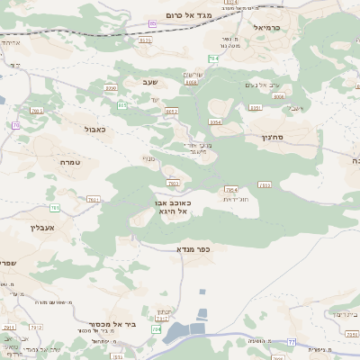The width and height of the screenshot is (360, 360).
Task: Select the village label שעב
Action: (x=149, y=82)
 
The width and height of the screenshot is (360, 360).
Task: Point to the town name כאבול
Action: (x=94, y=130)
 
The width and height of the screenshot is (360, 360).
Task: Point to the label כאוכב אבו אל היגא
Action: (x=170, y=209)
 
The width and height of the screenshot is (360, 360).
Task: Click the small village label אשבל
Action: (x=295, y=109)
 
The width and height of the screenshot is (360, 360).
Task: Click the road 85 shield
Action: (x=153, y=24)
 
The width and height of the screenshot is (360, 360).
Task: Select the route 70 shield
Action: (x=15, y=125)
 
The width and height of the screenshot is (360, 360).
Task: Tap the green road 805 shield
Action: (x=121, y=105)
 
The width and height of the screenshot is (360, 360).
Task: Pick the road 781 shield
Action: (x=55, y=208)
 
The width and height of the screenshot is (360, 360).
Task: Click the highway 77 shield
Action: (x=291, y=342)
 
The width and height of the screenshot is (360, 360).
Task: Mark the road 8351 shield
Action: (x=255, y=107)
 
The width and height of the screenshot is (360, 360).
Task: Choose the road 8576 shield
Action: (x=145, y=40)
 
